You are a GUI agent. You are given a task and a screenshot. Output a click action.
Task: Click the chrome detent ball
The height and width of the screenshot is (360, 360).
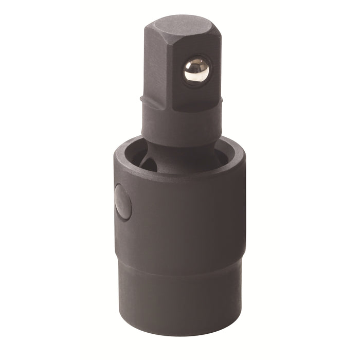coord(196,70)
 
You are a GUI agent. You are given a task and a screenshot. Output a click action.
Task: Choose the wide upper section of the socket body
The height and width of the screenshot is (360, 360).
coord(185,216)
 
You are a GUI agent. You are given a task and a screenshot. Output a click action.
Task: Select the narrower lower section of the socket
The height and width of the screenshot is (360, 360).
coord(180,298)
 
